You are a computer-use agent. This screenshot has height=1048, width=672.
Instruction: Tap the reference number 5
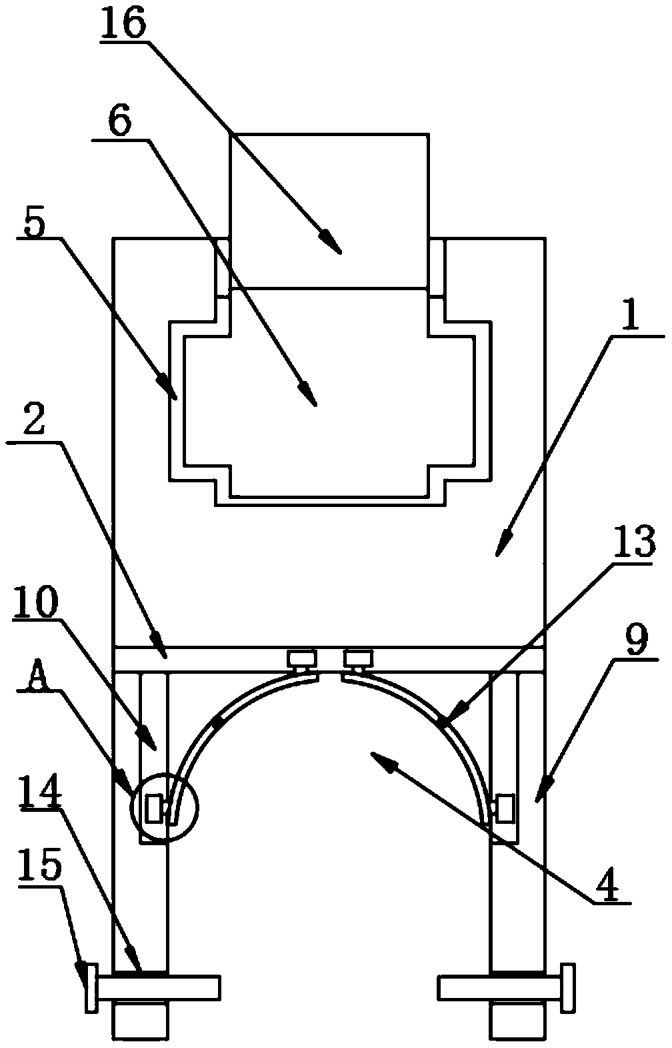35,224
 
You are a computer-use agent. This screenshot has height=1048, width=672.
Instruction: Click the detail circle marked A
165,808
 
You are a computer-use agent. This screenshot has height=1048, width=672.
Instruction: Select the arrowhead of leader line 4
378,756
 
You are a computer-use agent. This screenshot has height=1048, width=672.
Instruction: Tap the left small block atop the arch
301,659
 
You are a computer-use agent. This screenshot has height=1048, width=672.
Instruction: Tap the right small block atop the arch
359,659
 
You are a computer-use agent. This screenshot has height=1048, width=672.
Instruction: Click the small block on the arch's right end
506,808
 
